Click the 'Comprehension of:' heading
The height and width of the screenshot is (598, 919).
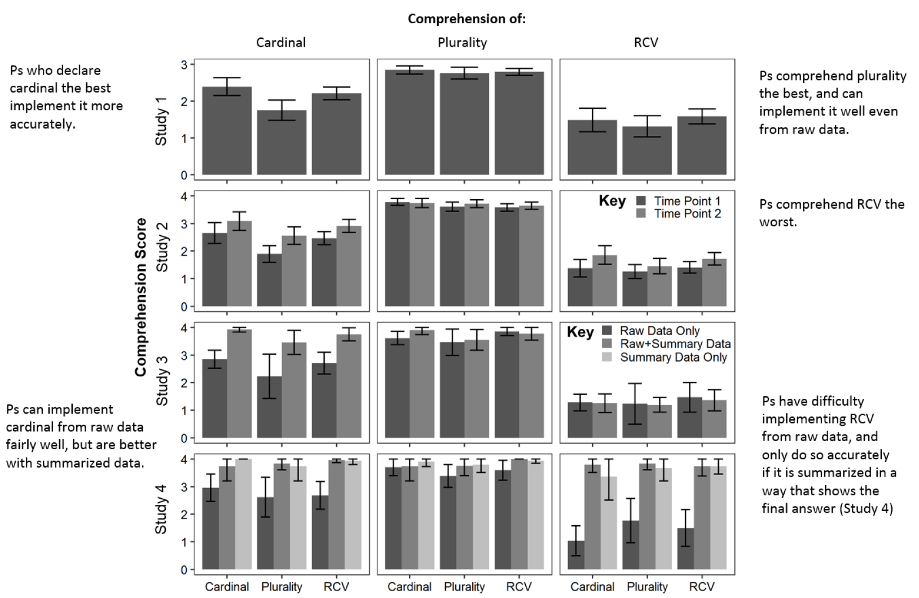[x=467, y=19]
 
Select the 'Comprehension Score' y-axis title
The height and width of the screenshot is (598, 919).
[x=140, y=297]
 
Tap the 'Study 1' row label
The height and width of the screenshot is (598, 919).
[x=161, y=121]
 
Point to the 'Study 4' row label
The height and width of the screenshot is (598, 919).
[x=161, y=513]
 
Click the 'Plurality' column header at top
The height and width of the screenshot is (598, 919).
[x=462, y=43]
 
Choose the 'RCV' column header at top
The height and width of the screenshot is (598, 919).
[x=646, y=43]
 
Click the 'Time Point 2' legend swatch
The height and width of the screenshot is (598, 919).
[x=641, y=214]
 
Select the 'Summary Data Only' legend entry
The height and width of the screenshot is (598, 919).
[x=673, y=357]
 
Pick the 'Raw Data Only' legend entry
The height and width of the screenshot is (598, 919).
[x=659, y=331]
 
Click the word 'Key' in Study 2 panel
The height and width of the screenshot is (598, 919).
[x=612, y=201]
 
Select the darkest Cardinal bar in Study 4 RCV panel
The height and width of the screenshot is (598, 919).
[x=576, y=555]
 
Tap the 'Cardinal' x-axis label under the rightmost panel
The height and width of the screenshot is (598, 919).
[x=592, y=587]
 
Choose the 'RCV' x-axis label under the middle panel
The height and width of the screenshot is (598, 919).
[x=518, y=587]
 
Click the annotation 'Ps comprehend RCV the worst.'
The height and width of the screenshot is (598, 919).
[x=832, y=213]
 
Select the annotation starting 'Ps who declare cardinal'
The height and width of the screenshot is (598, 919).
[x=66, y=97]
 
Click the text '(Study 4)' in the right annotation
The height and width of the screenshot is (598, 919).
[x=866, y=508]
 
